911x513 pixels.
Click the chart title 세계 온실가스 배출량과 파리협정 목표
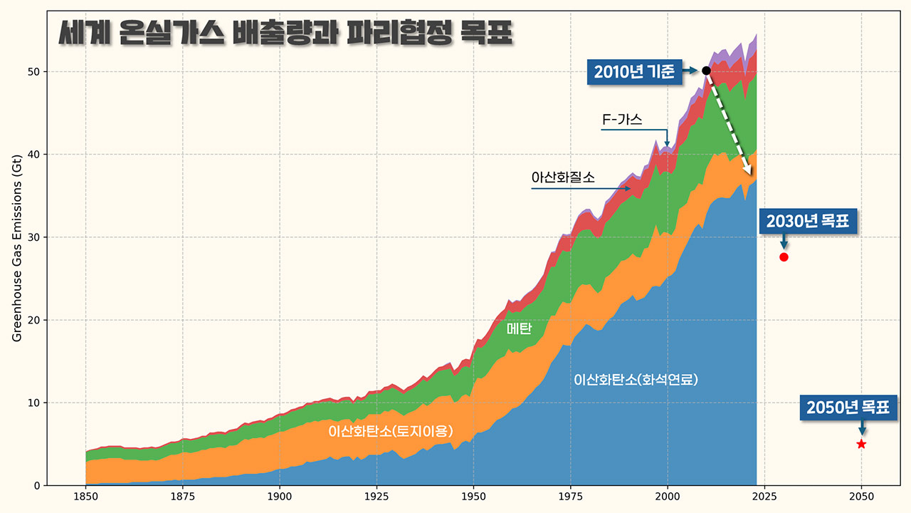[285, 33]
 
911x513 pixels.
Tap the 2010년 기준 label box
[633, 71]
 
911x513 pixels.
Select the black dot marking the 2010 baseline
[706, 71]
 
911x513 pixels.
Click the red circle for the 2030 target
[784, 257]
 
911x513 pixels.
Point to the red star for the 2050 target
[861, 444]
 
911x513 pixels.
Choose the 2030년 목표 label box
[808, 221]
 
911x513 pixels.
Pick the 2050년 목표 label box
[847, 408]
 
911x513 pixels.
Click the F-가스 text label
[622, 120]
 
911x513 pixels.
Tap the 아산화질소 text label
[562, 177]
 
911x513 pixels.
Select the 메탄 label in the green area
[520, 328]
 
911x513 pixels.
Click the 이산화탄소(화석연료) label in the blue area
[636, 380]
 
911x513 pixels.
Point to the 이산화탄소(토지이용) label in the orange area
[390, 432]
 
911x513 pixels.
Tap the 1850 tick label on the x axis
[85, 496]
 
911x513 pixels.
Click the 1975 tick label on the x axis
[570, 496]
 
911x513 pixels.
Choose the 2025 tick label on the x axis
[764, 496]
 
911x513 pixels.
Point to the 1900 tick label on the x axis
[279, 496]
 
